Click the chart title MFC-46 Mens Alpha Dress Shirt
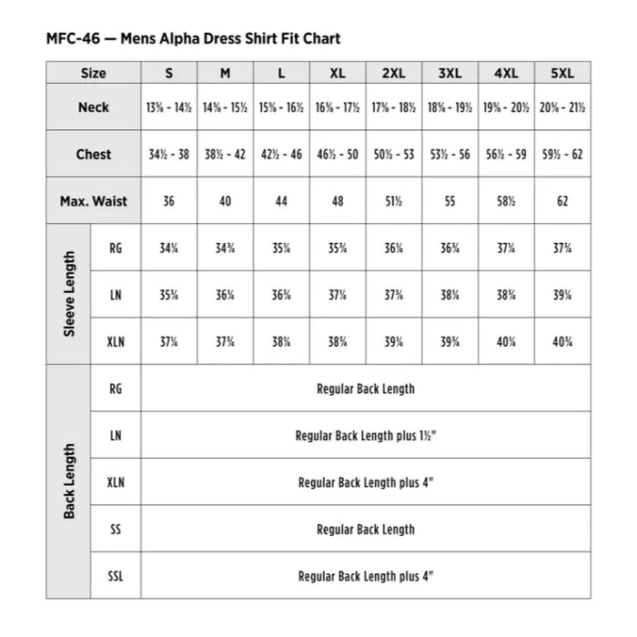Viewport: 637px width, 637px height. click(x=193, y=39)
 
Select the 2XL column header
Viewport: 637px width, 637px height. click(x=393, y=74)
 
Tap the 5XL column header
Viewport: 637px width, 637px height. click(x=561, y=74)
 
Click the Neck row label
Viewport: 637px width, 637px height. click(x=93, y=107)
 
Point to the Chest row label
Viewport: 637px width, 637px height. click(x=93, y=154)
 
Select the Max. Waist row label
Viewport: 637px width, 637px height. click(x=93, y=201)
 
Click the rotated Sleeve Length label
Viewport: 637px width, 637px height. click(x=69, y=295)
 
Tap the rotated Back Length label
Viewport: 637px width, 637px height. click(x=69, y=481)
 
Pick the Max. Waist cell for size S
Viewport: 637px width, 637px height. click(x=168, y=201)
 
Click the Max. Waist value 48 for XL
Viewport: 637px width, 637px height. click(x=338, y=201)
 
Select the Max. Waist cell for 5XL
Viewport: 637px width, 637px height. click(x=561, y=201)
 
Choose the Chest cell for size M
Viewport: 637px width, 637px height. click(x=225, y=155)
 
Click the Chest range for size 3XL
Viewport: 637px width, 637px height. click(x=450, y=155)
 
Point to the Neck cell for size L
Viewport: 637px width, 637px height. click(x=281, y=107)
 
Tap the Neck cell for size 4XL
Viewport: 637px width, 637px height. click(x=506, y=107)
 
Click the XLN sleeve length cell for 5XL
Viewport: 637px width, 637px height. click(x=561, y=342)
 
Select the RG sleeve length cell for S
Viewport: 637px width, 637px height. click(x=168, y=248)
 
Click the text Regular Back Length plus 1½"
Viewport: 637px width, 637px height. click(x=366, y=436)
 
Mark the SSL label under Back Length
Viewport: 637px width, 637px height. click(x=116, y=576)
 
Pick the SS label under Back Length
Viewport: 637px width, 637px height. click(x=116, y=529)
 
